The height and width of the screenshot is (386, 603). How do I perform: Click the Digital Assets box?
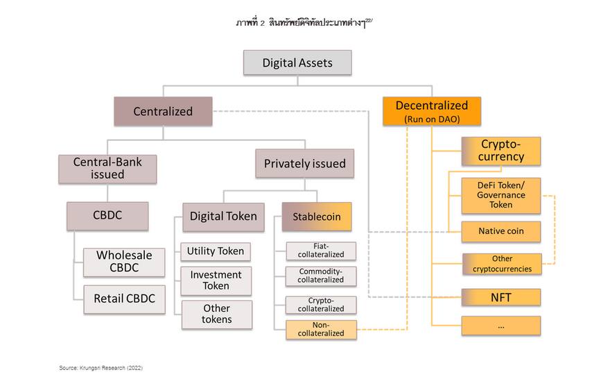coord(297,62)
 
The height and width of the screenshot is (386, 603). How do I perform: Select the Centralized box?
coord(163,111)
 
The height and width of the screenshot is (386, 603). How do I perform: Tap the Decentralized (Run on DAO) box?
coord(432,111)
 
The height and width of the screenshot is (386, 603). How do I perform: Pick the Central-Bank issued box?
coord(107,169)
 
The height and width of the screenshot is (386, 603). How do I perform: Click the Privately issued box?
coord(304,163)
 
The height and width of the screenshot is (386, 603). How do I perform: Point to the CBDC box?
coord(107,216)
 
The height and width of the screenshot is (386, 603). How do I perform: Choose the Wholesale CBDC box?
coord(124,262)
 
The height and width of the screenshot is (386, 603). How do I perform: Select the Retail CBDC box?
coord(125,299)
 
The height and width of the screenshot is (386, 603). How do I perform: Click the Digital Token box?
coord(223,217)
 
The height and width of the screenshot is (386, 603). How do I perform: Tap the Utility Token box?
coord(216,251)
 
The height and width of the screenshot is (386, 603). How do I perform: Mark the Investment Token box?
coord(216,281)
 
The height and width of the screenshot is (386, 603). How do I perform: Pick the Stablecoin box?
coord(317,217)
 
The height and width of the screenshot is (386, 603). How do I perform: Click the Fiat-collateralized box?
coord(321,251)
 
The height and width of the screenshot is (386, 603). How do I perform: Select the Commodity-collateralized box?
coord(321,276)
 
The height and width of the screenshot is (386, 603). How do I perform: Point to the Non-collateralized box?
coord(321,330)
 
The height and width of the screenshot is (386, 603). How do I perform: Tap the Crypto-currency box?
coord(501,151)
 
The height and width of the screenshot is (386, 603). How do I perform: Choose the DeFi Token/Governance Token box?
coord(501,196)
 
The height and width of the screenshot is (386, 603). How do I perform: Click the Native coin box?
coord(501,231)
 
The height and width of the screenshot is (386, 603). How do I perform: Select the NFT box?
coord(501,297)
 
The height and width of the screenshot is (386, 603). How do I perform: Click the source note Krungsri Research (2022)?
coord(101,368)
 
